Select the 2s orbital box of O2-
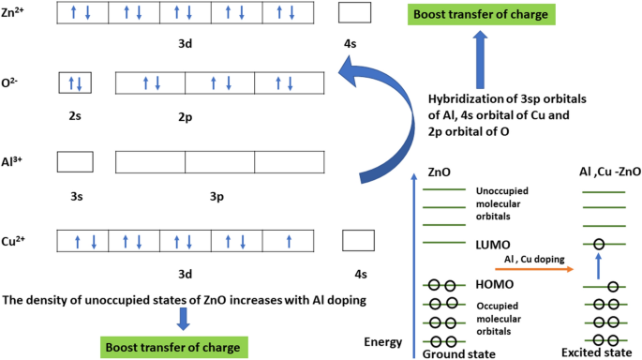[x=75, y=82]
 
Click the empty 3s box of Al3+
[x=75, y=161]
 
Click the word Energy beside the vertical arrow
[x=383, y=340]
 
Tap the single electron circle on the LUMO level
[x=598, y=246]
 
